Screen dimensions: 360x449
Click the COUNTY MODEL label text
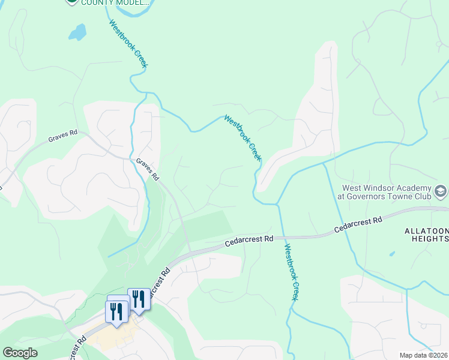click(116, 3)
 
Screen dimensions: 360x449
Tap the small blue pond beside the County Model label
click(77, 32)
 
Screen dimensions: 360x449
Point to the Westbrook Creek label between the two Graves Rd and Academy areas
click(243, 138)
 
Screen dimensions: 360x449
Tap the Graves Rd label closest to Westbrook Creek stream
click(147, 170)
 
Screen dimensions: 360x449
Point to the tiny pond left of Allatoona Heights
click(392, 254)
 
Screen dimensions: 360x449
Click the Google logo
click(19, 353)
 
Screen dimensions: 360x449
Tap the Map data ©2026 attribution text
click(424, 355)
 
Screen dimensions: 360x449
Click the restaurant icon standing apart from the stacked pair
click(139, 299)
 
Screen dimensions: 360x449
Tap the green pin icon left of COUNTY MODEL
click(71, 2)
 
